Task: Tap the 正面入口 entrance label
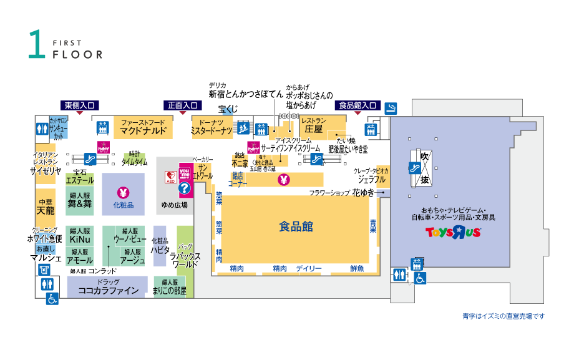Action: pos(183,105)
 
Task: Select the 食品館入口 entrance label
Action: pos(358,105)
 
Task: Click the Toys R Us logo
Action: pos(453,232)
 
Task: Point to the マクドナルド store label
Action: pos(143,131)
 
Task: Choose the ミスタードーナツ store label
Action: pos(212,131)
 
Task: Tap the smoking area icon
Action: pos(391,107)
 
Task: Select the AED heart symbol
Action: pos(170,176)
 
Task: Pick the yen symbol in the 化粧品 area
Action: pos(123,192)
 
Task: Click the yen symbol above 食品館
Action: pos(285,180)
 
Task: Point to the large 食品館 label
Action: pos(296,227)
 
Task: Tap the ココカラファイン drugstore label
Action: pos(108,291)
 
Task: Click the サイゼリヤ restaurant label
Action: pos(46,170)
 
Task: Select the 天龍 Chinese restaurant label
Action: pos(46,211)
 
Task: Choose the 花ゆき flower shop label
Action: pos(362,193)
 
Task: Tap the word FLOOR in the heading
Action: pos(77,54)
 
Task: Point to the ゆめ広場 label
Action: pos(175,205)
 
